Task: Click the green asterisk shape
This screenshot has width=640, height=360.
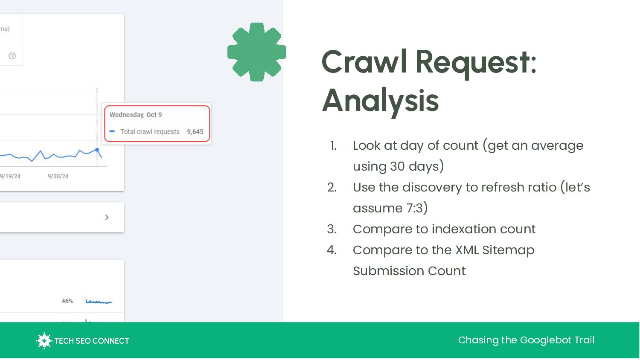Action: click(256, 52)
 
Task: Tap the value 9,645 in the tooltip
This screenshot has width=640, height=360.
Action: click(195, 132)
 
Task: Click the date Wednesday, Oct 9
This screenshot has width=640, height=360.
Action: click(136, 115)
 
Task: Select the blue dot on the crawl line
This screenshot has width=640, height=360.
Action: click(97, 150)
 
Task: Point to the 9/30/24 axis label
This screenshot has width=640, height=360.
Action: click(58, 176)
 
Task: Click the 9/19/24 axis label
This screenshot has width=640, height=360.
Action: click(10, 176)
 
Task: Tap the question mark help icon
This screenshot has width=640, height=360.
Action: click(12, 56)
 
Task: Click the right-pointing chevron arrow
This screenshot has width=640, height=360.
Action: click(107, 218)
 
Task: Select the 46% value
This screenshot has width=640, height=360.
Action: click(67, 301)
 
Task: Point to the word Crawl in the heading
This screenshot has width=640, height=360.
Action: click(364, 62)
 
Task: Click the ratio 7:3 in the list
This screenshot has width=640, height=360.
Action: click(414, 208)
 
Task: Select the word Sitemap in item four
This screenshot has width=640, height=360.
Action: click(508, 250)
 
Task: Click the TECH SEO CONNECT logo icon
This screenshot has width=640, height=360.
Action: click(44, 340)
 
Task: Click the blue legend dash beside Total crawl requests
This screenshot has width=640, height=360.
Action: click(112, 131)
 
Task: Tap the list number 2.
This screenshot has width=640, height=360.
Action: click(332, 187)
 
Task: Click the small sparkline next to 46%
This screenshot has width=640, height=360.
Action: click(99, 302)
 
